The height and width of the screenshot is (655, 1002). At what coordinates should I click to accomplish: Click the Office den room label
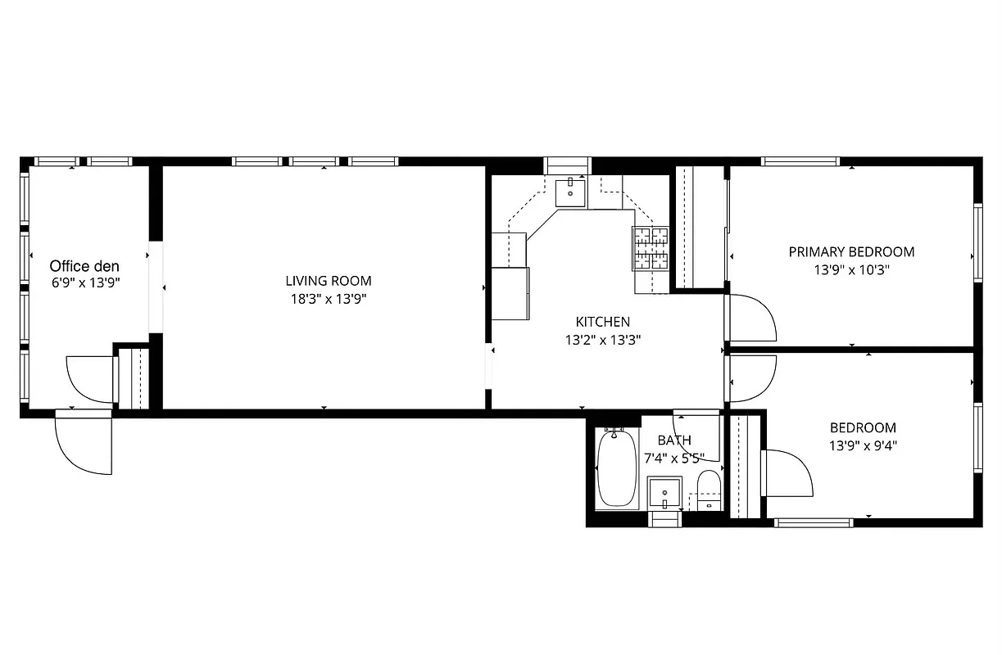click(x=84, y=266)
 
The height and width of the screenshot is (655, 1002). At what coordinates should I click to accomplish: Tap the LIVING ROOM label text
click(x=329, y=281)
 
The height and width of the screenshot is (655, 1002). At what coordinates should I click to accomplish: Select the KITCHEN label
click(x=603, y=322)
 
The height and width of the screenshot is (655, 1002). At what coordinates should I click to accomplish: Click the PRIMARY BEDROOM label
click(x=851, y=251)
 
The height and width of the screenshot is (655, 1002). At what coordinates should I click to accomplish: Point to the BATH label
click(x=674, y=440)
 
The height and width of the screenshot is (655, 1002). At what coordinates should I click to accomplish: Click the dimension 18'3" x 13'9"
click(x=329, y=299)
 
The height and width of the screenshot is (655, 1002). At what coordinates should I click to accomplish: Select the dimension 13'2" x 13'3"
click(x=603, y=339)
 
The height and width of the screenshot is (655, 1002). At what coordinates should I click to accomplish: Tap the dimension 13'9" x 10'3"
click(x=851, y=269)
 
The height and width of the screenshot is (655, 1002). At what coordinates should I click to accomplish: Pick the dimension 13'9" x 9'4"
click(x=863, y=445)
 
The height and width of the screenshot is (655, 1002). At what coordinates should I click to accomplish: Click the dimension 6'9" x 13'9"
click(x=84, y=282)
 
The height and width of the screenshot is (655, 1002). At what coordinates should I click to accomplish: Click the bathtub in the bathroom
click(x=617, y=470)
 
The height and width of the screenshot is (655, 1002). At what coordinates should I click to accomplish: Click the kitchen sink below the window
click(x=570, y=193)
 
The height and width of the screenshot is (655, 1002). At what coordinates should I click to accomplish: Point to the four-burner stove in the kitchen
click(x=651, y=248)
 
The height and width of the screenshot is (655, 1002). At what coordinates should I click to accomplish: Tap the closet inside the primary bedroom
click(x=700, y=227)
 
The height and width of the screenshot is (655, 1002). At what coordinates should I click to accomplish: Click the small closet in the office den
click(x=134, y=378)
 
